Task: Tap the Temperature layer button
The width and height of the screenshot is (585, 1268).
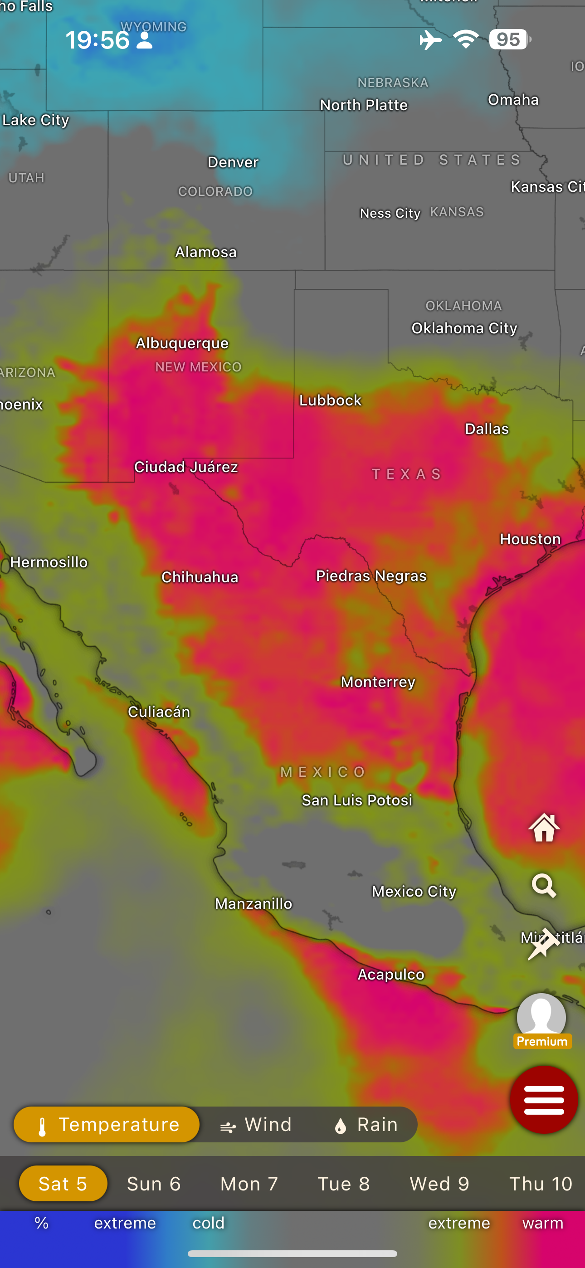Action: click(x=107, y=1124)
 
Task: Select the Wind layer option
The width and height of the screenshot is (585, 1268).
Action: click(x=256, y=1124)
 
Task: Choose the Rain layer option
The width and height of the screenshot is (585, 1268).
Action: click(x=366, y=1124)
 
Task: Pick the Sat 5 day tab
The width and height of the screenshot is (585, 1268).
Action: click(x=63, y=1183)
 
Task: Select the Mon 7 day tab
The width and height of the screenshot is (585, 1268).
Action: click(x=249, y=1183)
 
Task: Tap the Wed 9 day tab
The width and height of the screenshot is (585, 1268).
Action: click(x=439, y=1183)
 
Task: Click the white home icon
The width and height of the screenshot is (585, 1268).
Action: click(x=544, y=828)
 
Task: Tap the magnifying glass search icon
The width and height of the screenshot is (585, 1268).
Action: click(x=544, y=886)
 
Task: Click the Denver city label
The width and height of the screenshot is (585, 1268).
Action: click(x=233, y=162)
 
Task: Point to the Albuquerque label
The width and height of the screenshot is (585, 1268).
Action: click(x=182, y=343)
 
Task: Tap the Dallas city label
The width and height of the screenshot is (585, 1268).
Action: click(x=487, y=429)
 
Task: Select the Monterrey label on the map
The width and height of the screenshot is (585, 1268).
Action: click(x=378, y=682)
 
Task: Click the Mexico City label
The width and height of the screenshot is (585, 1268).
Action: click(x=414, y=892)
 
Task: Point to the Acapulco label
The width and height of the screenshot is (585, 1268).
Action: click(x=390, y=974)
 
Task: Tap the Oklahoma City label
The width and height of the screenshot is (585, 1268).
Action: click(x=464, y=328)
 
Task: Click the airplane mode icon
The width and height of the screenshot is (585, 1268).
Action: click(x=430, y=40)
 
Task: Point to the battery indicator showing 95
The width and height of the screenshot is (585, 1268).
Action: click(x=510, y=39)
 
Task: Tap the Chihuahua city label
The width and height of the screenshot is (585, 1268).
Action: click(x=200, y=577)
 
